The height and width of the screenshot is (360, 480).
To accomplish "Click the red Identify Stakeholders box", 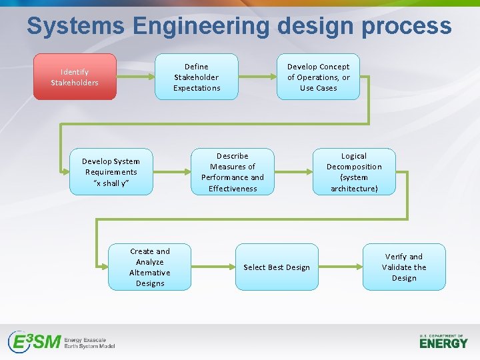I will coord(75,77).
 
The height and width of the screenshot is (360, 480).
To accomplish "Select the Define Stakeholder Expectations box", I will coord(196,77).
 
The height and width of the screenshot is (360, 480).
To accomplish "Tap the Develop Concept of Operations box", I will coord(318,77).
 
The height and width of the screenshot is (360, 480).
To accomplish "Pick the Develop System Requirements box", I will coord(111,172).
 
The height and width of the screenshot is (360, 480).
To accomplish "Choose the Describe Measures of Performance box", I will coord(233,172).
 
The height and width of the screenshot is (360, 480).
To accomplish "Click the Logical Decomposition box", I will coord(354,172).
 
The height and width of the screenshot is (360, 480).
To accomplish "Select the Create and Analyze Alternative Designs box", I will coord(150,267).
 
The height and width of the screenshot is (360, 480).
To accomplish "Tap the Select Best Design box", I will coord(277,267).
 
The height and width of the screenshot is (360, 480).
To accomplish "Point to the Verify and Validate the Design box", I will coord(404,267).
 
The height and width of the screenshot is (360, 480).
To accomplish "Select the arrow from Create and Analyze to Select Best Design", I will coord(213,267).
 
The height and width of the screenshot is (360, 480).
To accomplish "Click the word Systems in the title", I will coord(75,27).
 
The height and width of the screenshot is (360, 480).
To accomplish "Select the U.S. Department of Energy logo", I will coord(443,341).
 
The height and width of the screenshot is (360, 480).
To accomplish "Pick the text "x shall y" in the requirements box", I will coord(111,183).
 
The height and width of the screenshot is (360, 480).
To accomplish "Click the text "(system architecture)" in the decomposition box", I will coord(354,183).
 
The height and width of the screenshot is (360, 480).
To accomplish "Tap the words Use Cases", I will coord(318,88).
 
